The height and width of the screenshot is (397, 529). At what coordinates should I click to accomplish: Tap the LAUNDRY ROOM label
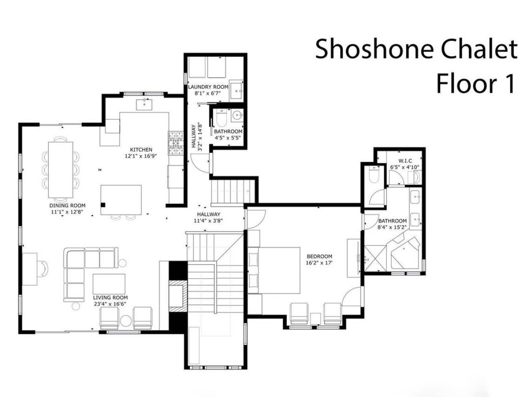pyautogui.click(x=208, y=87)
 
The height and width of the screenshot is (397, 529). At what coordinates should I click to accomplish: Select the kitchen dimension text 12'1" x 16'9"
pyautogui.click(x=141, y=156)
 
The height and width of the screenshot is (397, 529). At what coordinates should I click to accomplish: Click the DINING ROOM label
pyautogui.click(x=67, y=206)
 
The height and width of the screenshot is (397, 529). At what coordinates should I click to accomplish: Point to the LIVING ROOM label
pyautogui.click(x=110, y=297)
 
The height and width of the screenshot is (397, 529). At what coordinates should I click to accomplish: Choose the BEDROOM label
pyautogui.click(x=319, y=256)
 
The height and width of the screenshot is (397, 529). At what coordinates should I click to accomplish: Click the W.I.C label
pyautogui.click(x=405, y=160)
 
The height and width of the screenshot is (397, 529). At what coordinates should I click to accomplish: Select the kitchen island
pyautogui.click(x=121, y=200)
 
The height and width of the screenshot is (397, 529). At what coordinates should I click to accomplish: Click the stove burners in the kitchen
pyautogui.click(x=176, y=143)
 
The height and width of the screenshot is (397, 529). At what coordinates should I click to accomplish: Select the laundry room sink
pyautogui.click(x=237, y=90)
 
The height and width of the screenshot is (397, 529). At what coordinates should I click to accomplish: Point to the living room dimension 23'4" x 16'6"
pyautogui.click(x=110, y=304)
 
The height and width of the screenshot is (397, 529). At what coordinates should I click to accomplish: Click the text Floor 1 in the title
pyautogui.click(x=476, y=84)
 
